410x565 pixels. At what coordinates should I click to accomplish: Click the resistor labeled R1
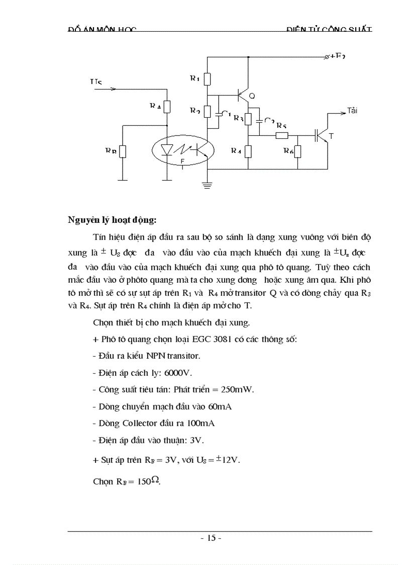207,79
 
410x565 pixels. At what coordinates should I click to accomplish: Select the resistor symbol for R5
282,135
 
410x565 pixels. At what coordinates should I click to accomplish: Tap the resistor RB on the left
122,151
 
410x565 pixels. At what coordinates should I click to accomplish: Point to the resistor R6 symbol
297,151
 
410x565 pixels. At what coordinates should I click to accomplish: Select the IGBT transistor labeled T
322,135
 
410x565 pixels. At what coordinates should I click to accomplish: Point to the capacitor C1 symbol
218,114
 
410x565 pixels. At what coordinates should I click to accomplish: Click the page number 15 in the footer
211,538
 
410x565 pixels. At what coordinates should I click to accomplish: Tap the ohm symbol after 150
156,480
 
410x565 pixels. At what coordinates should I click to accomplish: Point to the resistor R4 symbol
248,151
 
